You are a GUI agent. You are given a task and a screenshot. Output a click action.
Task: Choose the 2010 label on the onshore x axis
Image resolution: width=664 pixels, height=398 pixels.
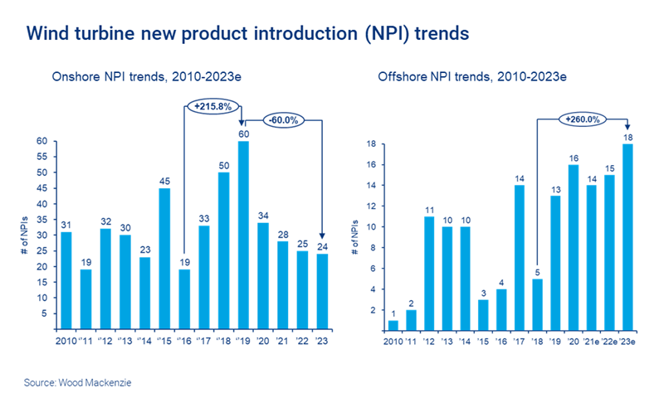67,341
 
